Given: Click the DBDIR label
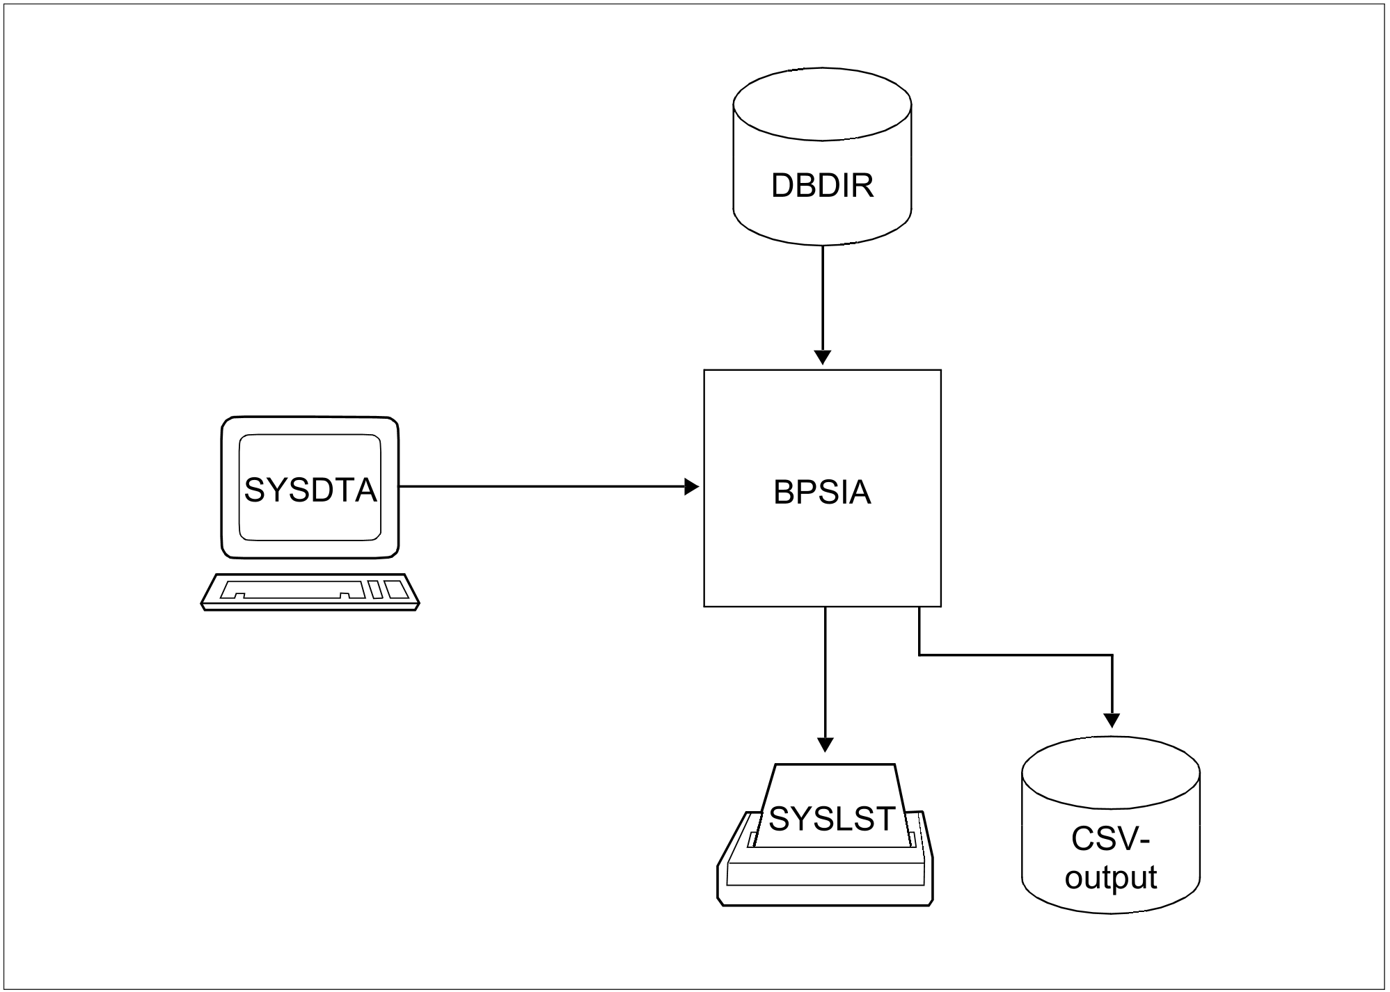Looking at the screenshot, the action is [822, 186].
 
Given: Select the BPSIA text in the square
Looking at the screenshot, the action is [822, 493].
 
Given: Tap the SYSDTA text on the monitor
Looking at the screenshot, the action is [310, 490].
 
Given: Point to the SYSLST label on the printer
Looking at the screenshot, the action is [832, 819].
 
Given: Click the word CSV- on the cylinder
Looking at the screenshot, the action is [1111, 840].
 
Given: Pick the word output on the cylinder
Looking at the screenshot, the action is [1111, 878].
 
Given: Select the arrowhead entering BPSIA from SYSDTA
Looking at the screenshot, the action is [691, 487].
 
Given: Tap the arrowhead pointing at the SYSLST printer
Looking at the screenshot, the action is [825, 744].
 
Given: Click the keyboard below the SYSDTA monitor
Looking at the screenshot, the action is [310, 592].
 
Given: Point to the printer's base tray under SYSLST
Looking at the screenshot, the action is [825, 883].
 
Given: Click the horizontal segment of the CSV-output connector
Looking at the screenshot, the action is [1016, 655].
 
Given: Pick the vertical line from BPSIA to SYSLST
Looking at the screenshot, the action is [825, 672].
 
